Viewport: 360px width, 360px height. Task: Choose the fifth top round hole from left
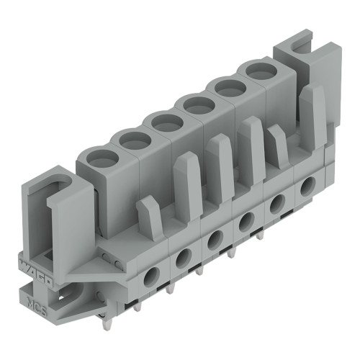point(228,87)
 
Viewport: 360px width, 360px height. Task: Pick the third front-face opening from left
point(215,238)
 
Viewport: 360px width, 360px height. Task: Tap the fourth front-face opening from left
point(246,220)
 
